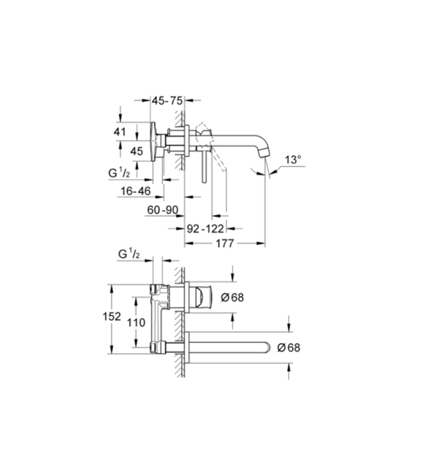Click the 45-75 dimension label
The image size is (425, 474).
(x=167, y=101)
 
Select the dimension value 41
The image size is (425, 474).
(x=120, y=132)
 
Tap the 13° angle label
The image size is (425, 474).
(x=293, y=160)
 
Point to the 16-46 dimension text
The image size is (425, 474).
(x=136, y=191)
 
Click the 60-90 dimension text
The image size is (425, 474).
(x=163, y=210)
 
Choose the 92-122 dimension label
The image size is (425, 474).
(x=206, y=229)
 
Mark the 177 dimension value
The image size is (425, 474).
(x=225, y=244)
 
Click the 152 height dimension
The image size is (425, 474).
(x=112, y=317)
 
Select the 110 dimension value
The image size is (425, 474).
(x=136, y=323)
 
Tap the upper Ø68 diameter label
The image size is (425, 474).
(x=232, y=297)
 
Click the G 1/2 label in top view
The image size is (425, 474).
(x=119, y=173)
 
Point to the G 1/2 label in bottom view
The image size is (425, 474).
(x=129, y=254)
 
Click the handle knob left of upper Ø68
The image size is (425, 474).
(x=203, y=297)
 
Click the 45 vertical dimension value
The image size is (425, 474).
(x=137, y=151)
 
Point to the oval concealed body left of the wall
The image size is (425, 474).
(x=154, y=141)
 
